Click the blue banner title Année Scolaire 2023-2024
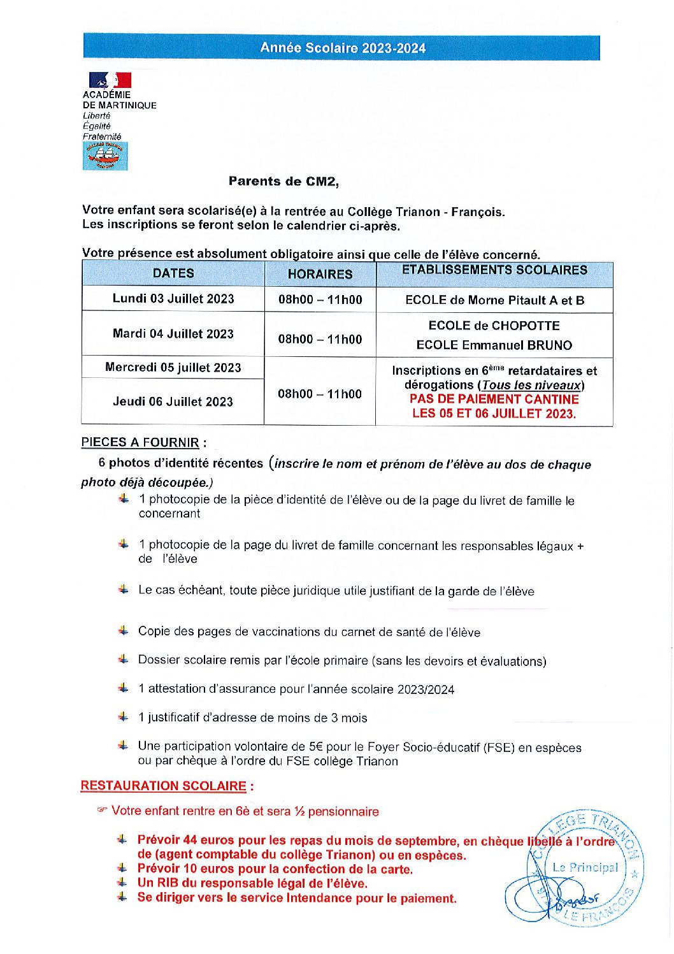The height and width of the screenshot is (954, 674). point(343,48)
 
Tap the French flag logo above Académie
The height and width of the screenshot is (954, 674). point(110,80)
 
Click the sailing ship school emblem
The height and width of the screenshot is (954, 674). point(105,156)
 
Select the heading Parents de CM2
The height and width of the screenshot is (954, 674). point(283,182)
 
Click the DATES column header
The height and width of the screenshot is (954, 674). point(173,273)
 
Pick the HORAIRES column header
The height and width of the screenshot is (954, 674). point(320,274)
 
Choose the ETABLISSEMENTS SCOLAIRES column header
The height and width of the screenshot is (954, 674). point(494,270)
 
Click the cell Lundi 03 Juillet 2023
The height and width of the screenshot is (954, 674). point(173,299)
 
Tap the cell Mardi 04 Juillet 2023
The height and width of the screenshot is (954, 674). point(173,334)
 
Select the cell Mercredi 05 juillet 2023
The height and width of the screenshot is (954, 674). point(173,368)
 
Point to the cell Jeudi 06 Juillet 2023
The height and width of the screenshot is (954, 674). point(173,402)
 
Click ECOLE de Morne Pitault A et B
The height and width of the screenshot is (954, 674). point(494,300)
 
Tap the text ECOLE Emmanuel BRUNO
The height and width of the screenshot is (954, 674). point(494,345)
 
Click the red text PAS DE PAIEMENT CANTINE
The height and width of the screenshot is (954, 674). point(494,400)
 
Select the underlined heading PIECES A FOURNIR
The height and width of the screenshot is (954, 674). point(140,442)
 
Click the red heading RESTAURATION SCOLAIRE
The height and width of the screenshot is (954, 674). point(163,786)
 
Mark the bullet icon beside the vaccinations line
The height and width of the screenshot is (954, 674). point(124,631)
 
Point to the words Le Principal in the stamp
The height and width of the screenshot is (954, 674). point(585,867)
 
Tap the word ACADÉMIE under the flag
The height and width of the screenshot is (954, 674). point(106,94)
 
